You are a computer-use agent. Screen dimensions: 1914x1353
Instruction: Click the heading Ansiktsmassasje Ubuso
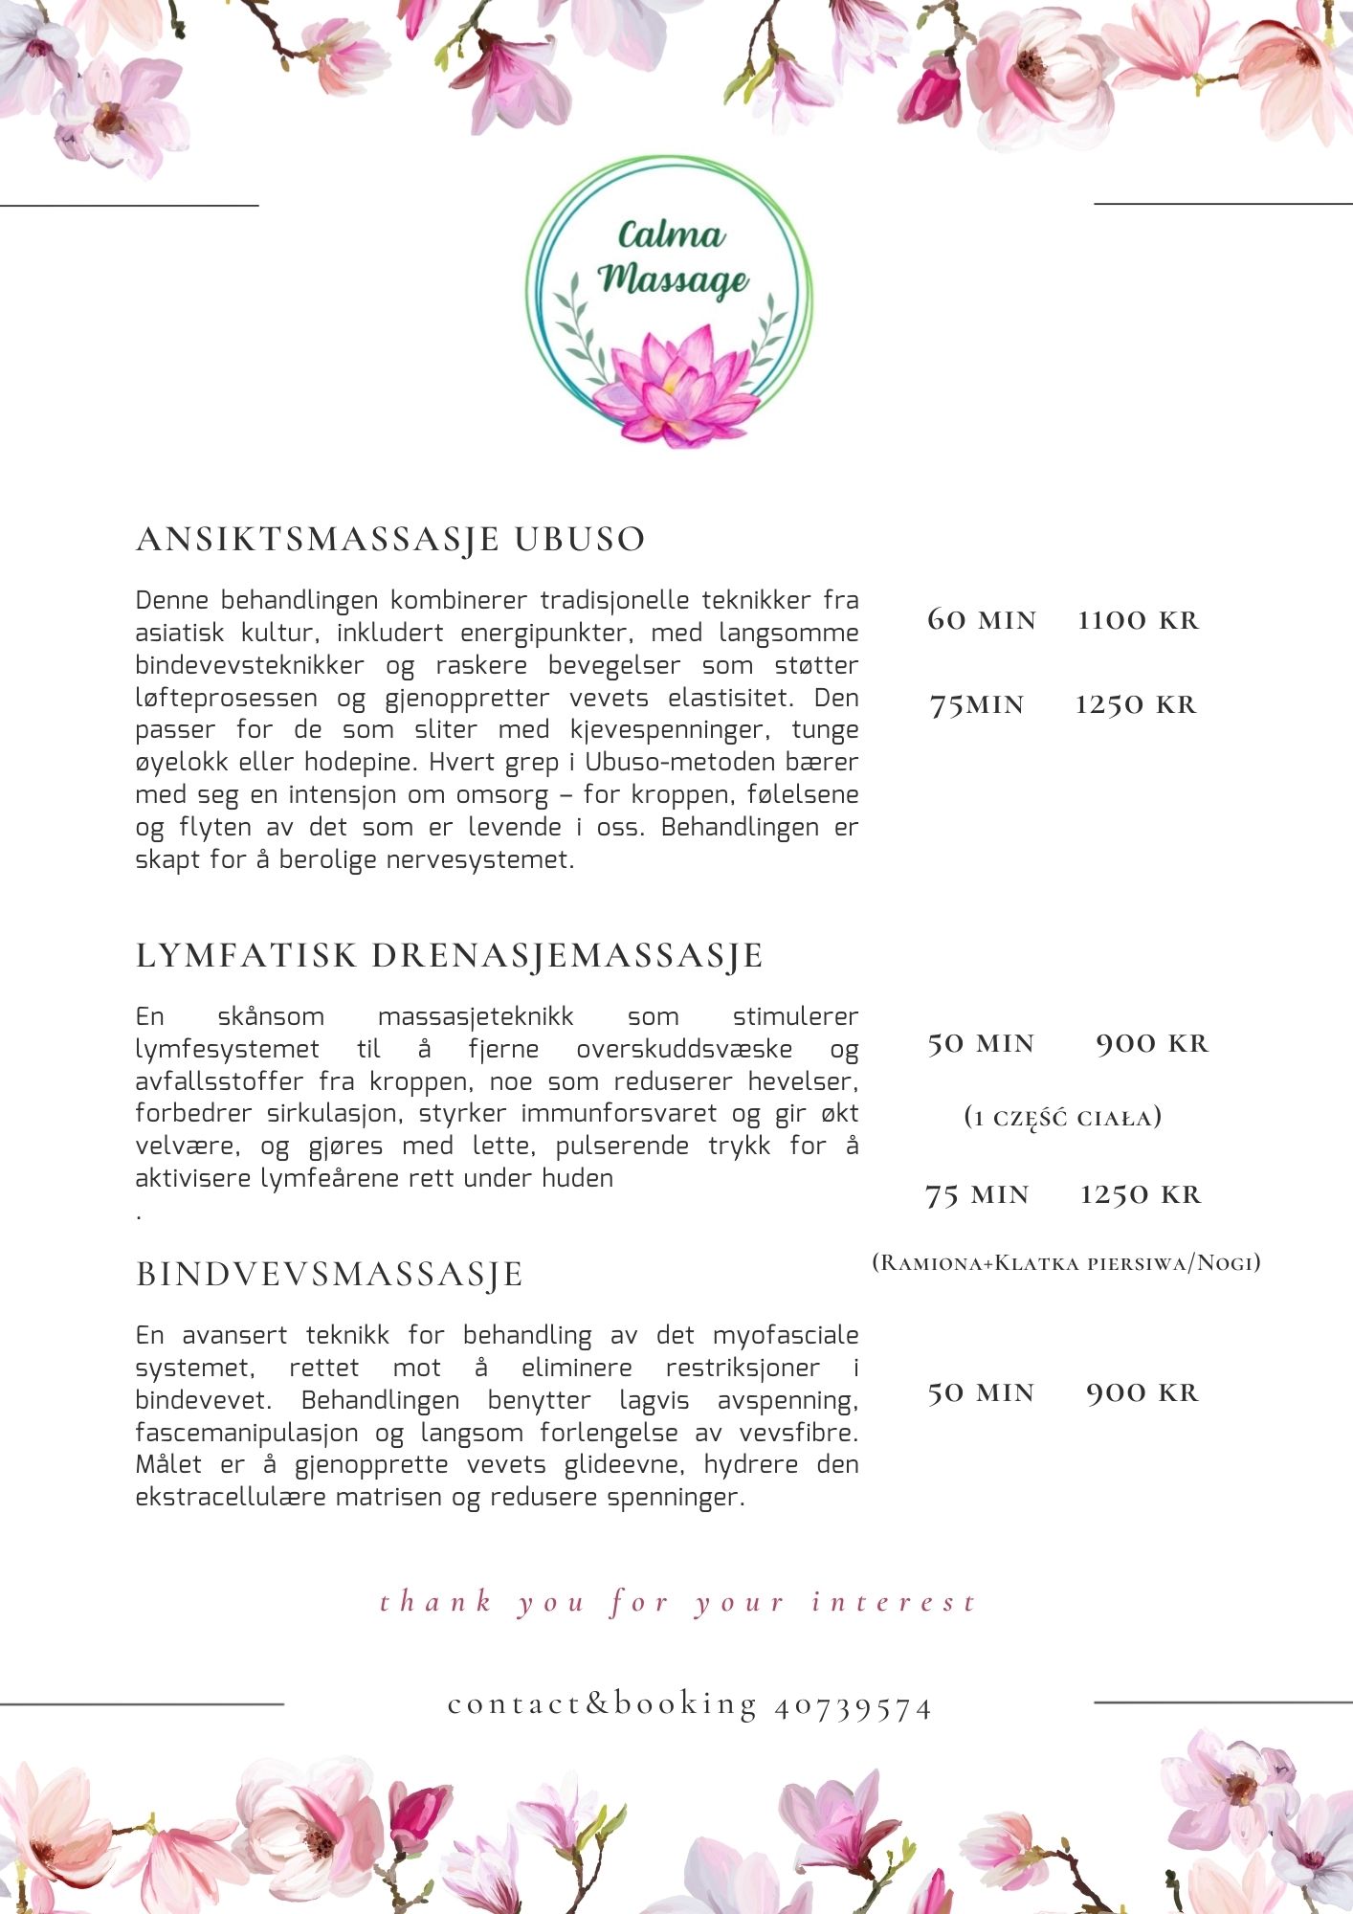[x=390, y=540]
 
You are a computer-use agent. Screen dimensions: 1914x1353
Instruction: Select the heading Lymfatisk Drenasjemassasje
[x=450, y=956]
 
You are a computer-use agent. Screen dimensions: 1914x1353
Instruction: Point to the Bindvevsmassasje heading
[x=330, y=1275]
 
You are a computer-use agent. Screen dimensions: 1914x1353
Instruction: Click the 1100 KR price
[x=1138, y=620]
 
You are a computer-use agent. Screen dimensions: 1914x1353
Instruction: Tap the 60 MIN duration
[x=982, y=620]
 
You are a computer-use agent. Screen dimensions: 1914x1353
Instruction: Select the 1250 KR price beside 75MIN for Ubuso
[x=1136, y=705]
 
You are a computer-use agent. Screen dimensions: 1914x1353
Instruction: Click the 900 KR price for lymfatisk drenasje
[x=1152, y=1043]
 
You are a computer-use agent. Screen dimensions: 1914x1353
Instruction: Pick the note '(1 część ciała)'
[x=1063, y=1118]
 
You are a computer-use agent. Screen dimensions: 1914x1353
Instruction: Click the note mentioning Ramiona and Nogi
[x=1066, y=1262]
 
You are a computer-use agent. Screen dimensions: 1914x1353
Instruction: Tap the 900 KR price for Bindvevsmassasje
[x=1142, y=1392]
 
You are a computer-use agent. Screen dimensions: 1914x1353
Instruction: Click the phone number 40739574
[x=853, y=1707]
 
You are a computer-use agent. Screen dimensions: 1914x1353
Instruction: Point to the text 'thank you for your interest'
[x=677, y=1602]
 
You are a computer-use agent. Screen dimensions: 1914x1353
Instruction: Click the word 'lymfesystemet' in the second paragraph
[x=228, y=1050]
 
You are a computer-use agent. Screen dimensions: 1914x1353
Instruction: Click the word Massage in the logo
[x=674, y=278]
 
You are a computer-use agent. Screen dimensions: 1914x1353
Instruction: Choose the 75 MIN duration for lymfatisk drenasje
[x=977, y=1195]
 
